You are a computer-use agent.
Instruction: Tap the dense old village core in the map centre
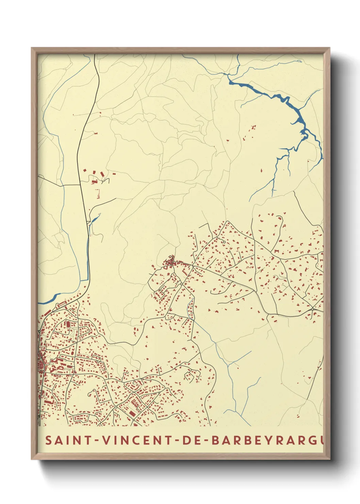coord(170,262)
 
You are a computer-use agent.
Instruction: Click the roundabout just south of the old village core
coord(182,284)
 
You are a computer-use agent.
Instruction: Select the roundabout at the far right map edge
coord(312,309)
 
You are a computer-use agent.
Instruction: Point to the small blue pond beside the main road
coord(95,219)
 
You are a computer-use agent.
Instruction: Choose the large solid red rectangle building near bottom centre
coord(132,413)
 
